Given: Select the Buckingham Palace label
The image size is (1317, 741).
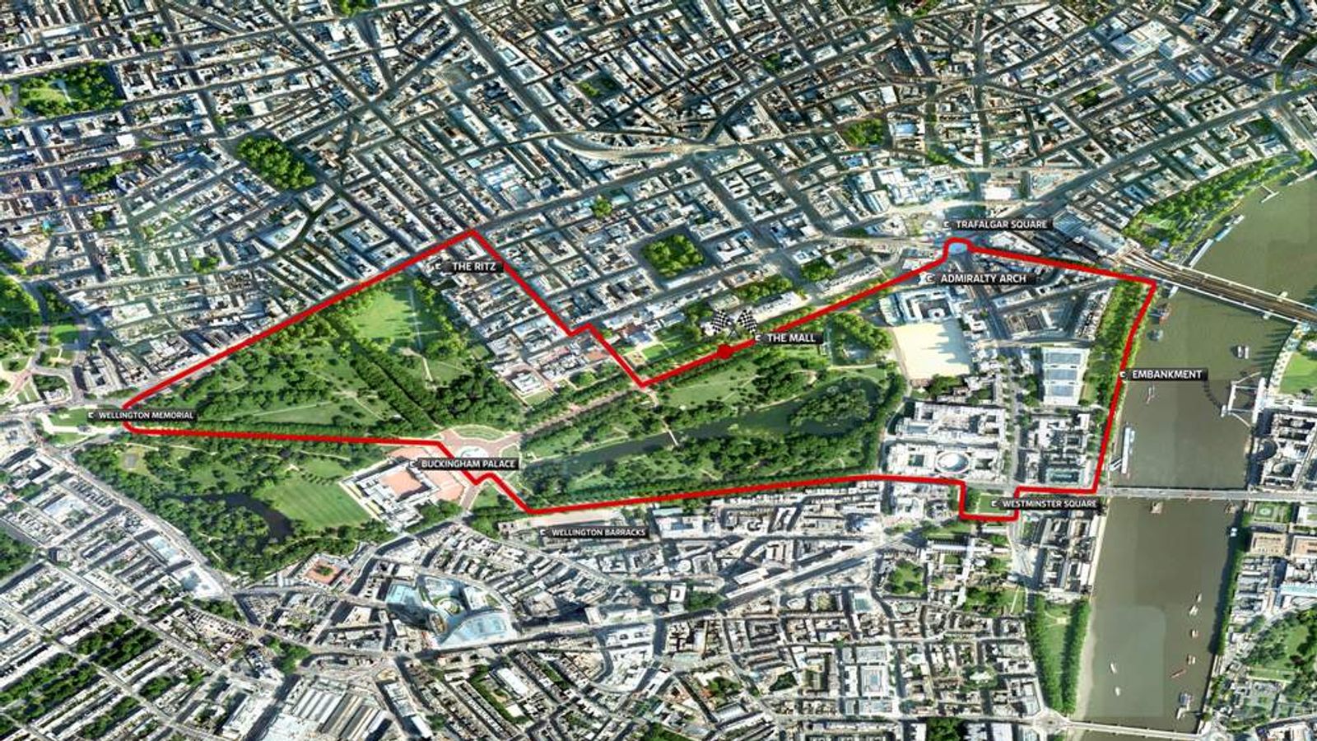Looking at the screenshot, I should (x=463, y=464).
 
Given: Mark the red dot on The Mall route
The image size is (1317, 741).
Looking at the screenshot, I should (x=724, y=352).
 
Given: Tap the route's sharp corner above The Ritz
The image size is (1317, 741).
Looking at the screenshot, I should (x=472, y=232).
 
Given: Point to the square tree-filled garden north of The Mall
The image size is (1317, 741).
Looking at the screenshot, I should (x=672, y=254).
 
